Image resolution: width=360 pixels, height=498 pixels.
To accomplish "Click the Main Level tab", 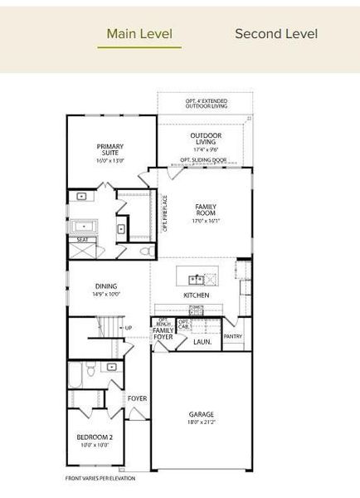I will coord(139,34).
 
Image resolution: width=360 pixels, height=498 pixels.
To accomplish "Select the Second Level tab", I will coord(276,34).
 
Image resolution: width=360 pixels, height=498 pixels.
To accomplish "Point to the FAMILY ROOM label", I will coord(206,208).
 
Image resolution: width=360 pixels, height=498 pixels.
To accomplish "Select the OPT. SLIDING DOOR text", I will coord(203,159).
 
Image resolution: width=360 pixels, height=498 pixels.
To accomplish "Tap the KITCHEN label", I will coord(197,295).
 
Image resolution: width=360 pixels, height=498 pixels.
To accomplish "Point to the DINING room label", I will coord(105,286).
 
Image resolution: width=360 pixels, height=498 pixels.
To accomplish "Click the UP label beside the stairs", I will coord(128,328).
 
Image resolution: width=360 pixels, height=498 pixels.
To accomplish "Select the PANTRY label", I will coord(233,337).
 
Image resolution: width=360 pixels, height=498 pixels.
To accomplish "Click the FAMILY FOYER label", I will coord(163,334).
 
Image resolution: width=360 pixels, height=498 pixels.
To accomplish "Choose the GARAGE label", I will coord(201,414).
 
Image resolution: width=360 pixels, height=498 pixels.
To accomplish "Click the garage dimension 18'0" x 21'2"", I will coord(201,422).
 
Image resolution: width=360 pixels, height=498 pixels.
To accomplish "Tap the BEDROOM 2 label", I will coord(95,437).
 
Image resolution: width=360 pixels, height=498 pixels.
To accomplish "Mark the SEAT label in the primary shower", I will coord(82,240).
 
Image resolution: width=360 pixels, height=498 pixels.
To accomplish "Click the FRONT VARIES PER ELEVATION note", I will coord(100,478).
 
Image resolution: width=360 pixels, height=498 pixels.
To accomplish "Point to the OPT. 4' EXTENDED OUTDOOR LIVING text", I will coord(206,103).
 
